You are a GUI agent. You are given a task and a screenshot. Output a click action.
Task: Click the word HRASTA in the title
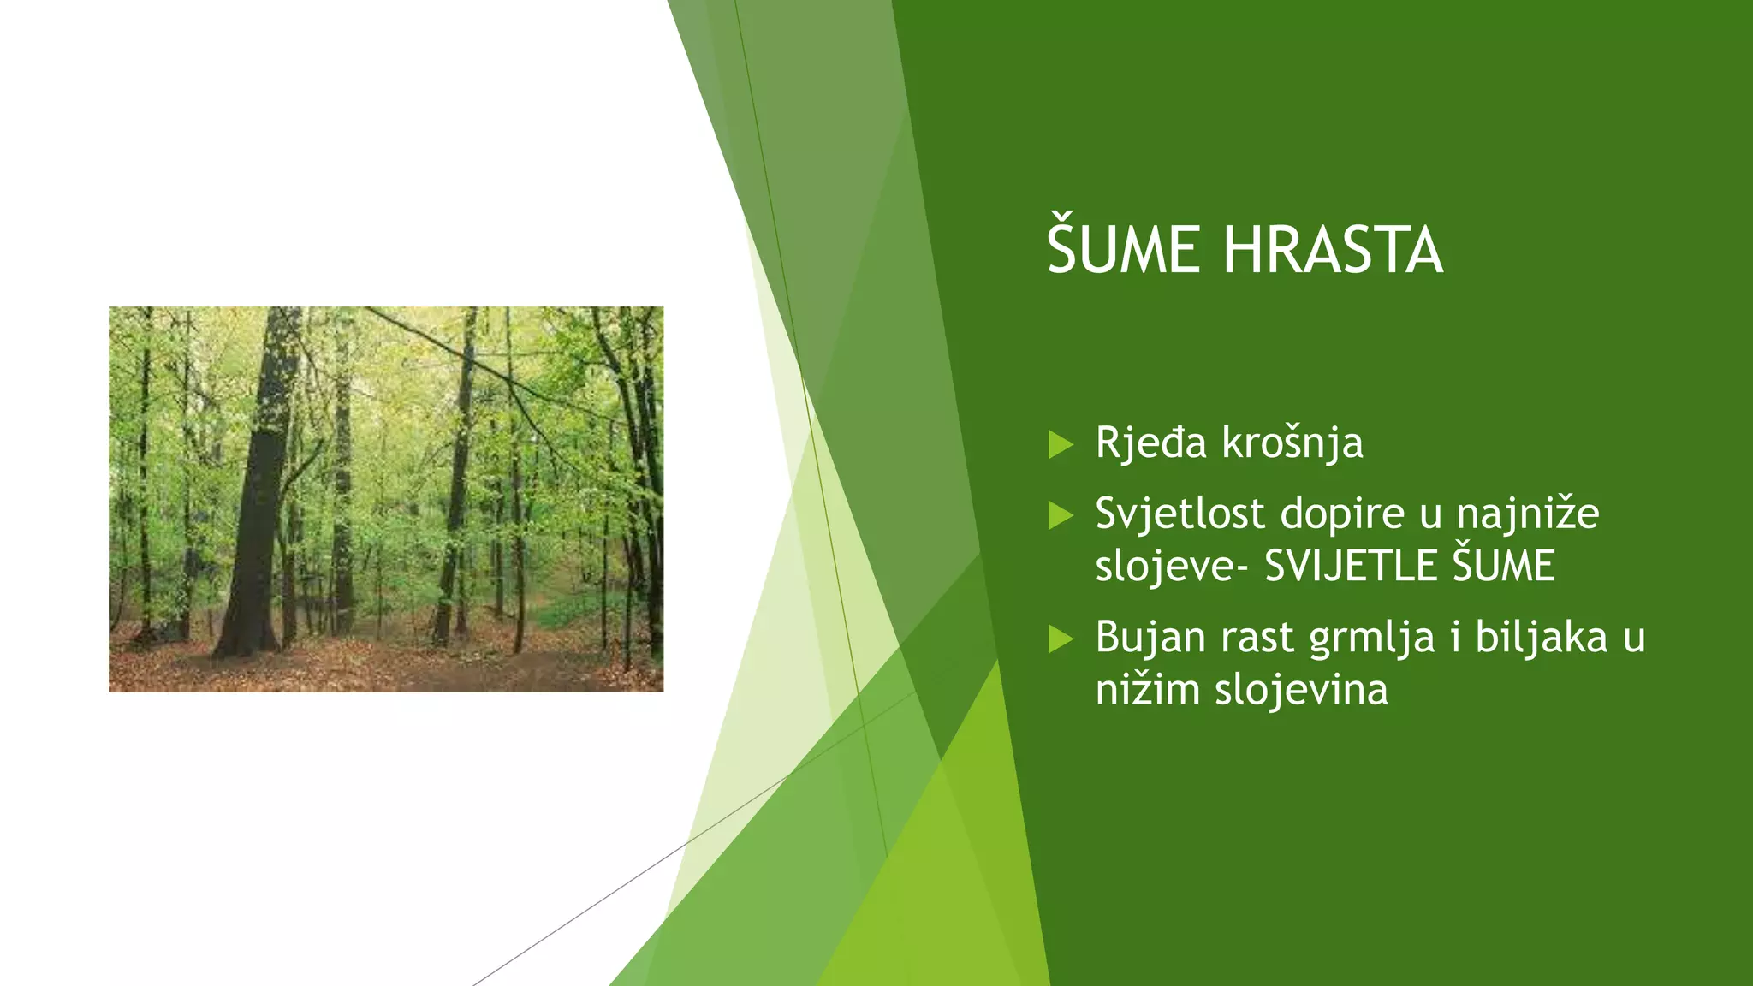[1333, 250]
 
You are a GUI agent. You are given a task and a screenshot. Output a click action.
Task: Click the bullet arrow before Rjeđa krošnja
[1061, 444]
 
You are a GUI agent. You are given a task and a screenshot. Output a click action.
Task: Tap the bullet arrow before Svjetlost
[1061, 515]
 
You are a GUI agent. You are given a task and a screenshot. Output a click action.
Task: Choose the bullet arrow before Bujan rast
[1061, 639]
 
